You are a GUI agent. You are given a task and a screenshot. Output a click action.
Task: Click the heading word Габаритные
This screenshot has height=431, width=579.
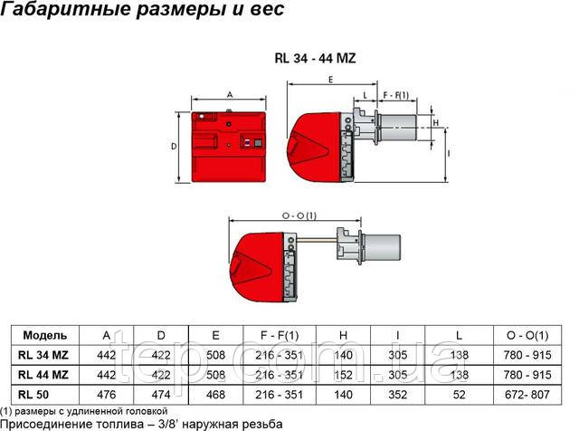coord(54,11)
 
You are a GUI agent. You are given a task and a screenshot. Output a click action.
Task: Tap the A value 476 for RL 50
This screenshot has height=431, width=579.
coord(107,391)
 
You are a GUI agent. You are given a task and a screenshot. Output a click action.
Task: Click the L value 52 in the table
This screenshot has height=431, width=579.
coord(460,391)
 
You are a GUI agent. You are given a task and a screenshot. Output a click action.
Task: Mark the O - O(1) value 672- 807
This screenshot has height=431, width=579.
coord(530,391)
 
